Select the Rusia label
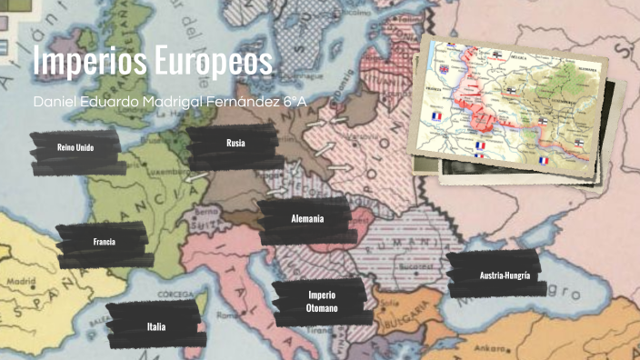click(236, 143)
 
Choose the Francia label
click(104, 242)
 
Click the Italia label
click(156, 325)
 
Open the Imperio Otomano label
click(322, 302)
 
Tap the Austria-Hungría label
click(505, 275)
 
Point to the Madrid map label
click(22, 283)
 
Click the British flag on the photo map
click(445, 69)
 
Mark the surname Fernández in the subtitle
click(233, 101)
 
